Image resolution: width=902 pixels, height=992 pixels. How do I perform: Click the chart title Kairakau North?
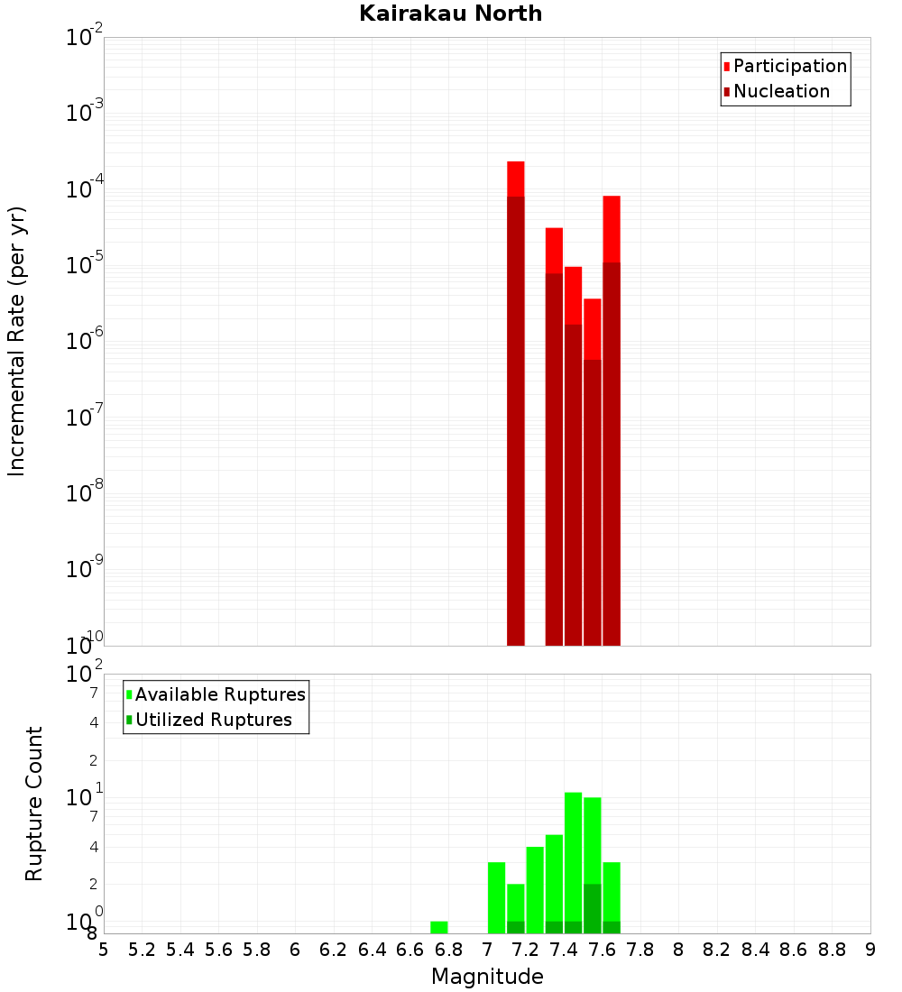[450, 14]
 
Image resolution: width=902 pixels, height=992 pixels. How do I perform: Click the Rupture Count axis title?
[34, 804]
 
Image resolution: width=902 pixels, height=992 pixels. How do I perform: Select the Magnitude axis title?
[487, 977]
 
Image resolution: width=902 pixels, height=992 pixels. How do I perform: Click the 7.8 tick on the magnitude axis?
[640, 950]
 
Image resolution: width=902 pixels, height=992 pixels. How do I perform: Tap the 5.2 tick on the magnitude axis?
[142, 950]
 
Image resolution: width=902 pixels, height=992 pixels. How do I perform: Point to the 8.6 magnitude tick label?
[794, 950]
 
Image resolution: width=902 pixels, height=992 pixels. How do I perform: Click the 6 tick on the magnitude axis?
[295, 950]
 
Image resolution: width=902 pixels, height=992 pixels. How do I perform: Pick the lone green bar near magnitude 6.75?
[439, 927]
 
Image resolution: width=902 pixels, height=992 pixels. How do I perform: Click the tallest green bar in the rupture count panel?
[573, 857]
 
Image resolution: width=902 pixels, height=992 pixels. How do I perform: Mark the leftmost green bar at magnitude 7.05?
[496, 897]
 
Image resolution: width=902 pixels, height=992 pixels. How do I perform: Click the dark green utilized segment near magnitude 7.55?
[592, 908]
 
